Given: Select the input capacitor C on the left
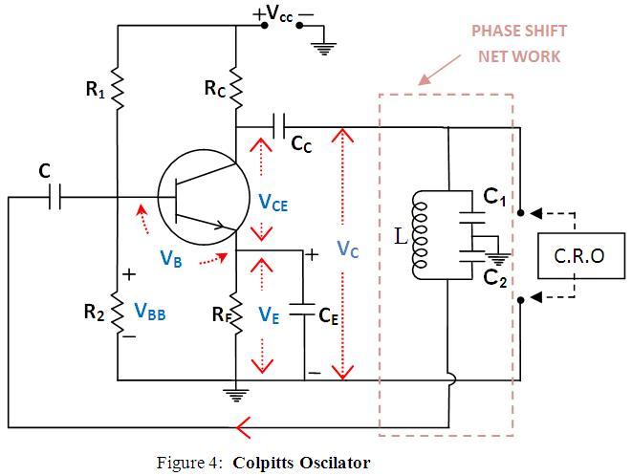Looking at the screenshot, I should pyautogui.click(x=54, y=198).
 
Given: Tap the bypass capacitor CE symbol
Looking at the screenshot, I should pyautogui.click(x=302, y=311).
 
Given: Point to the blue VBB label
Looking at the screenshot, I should pyautogui.click(x=150, y=310).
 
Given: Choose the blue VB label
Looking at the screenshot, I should pyautogui.click(x=172, y=260).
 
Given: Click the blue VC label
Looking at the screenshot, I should pyautogui.click(x=348, y=249).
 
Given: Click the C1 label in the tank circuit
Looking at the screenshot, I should pyautogui.click(x=494, y=197).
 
